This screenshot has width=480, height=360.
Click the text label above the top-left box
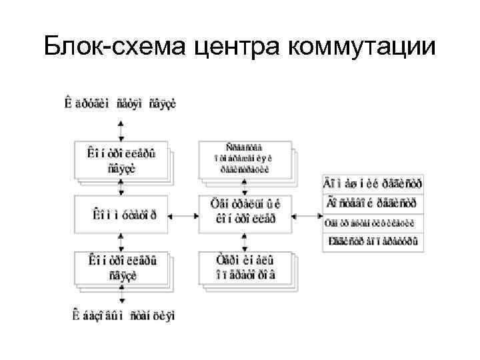(120, 103)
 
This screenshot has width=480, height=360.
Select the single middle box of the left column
(121, 215)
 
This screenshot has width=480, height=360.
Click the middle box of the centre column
(245, 215)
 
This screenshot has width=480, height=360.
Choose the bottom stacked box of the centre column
(245, 270)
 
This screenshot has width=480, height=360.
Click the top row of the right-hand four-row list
(373, 183)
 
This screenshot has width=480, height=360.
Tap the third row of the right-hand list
(373, 223)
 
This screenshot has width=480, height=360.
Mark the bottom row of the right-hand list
(373, 242)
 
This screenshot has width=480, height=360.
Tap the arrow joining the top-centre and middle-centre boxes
(245, 187)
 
